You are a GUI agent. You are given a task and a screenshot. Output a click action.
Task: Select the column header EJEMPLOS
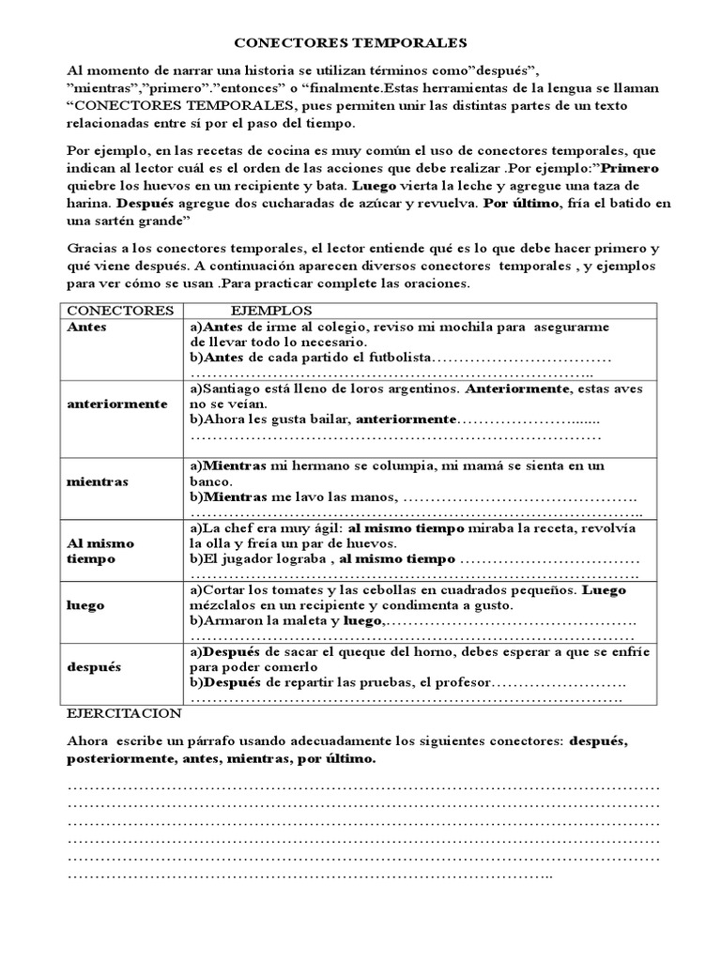pos(272,310)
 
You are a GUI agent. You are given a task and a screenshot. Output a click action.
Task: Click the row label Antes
pos(87,327)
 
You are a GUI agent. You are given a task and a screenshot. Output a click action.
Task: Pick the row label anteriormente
pos(117,404)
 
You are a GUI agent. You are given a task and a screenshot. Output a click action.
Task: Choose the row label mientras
pos(98,481)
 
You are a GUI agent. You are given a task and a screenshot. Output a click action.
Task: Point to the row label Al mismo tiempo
pos(100,551)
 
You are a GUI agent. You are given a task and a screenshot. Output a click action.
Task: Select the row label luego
pos(85,606)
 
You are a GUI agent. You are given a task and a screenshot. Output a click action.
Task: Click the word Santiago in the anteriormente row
pos(234,388)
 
